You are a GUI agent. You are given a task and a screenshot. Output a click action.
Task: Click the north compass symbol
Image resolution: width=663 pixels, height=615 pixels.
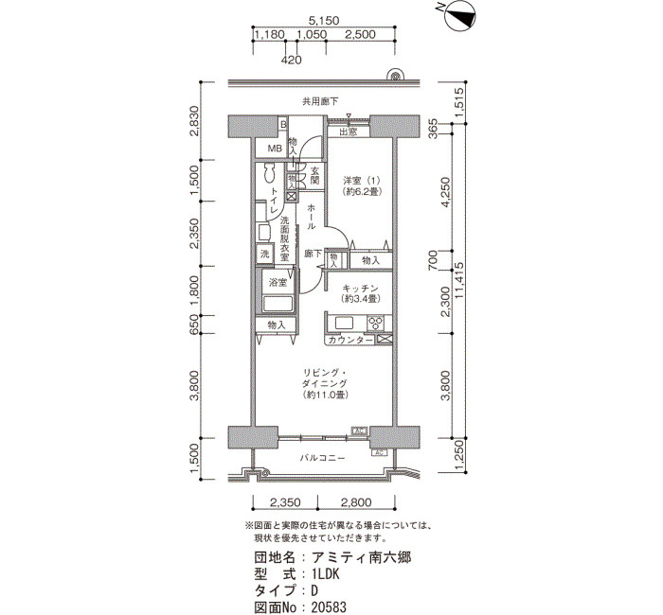(x=460, y=16)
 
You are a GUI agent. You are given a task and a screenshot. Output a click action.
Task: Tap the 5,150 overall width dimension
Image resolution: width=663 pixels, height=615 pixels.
(x=324, y=20)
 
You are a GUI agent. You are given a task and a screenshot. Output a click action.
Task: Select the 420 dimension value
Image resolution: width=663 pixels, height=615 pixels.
(x=292, y=60)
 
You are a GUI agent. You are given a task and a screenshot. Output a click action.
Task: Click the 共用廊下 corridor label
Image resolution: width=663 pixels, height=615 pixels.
(x=320, y=101)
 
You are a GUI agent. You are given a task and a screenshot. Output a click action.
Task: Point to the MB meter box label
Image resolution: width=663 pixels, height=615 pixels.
(x=275, y=149)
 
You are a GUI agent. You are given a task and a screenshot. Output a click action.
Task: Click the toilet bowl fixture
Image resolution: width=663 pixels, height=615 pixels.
(x=269, y=173)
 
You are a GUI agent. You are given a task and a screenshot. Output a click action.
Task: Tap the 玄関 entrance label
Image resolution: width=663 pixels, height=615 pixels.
(x=315, y=176)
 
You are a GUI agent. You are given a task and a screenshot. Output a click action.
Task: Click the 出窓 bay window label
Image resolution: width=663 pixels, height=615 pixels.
(x=348, y=132)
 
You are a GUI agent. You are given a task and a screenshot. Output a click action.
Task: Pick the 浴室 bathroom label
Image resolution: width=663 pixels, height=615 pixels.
(x=278, y=283)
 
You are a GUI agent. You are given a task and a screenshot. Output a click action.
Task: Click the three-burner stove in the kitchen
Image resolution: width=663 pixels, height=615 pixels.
(x=376, y=324)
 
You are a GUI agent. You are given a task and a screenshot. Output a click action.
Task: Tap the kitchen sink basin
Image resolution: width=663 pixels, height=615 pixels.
(x=344, y=323)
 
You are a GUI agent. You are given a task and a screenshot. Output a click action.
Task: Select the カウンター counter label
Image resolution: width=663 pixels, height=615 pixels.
(x=350, y=340)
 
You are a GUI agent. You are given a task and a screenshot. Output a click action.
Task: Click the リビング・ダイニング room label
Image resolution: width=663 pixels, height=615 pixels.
(x=325, y=378)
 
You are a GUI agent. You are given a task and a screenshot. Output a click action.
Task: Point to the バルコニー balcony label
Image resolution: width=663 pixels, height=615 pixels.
(x=323, y=458)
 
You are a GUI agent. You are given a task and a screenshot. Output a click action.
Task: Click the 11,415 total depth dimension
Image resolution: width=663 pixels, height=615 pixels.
(x=460, y=280)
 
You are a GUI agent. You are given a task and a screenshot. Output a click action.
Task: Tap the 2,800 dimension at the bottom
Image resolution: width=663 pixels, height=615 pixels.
(x=356, y=502)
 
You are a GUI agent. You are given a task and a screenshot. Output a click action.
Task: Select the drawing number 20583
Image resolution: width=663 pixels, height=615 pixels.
(x=329, y=607)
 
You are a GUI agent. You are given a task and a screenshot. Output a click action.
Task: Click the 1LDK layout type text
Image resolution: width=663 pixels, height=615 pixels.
(x=326, y=574)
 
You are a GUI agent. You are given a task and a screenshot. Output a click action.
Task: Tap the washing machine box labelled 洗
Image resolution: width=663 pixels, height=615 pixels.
(x=264, y=255)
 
